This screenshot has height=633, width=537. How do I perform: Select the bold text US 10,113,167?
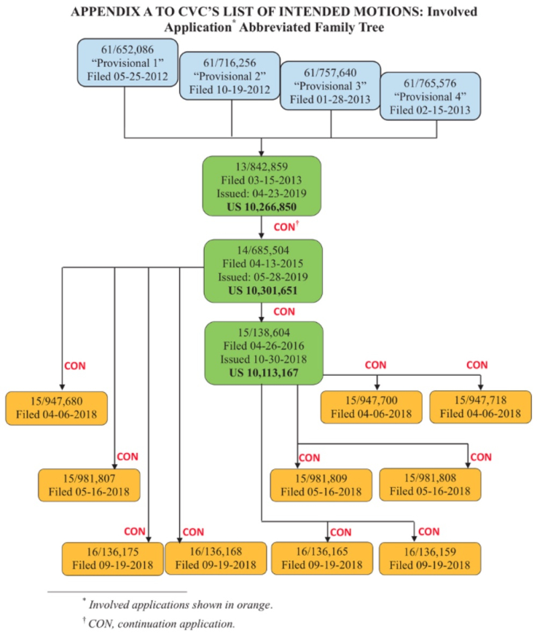[264, 372]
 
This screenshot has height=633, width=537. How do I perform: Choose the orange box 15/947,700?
[372, 407]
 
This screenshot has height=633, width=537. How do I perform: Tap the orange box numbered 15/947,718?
[481, 407]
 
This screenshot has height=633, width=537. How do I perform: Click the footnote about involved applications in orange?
[180, 603]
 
